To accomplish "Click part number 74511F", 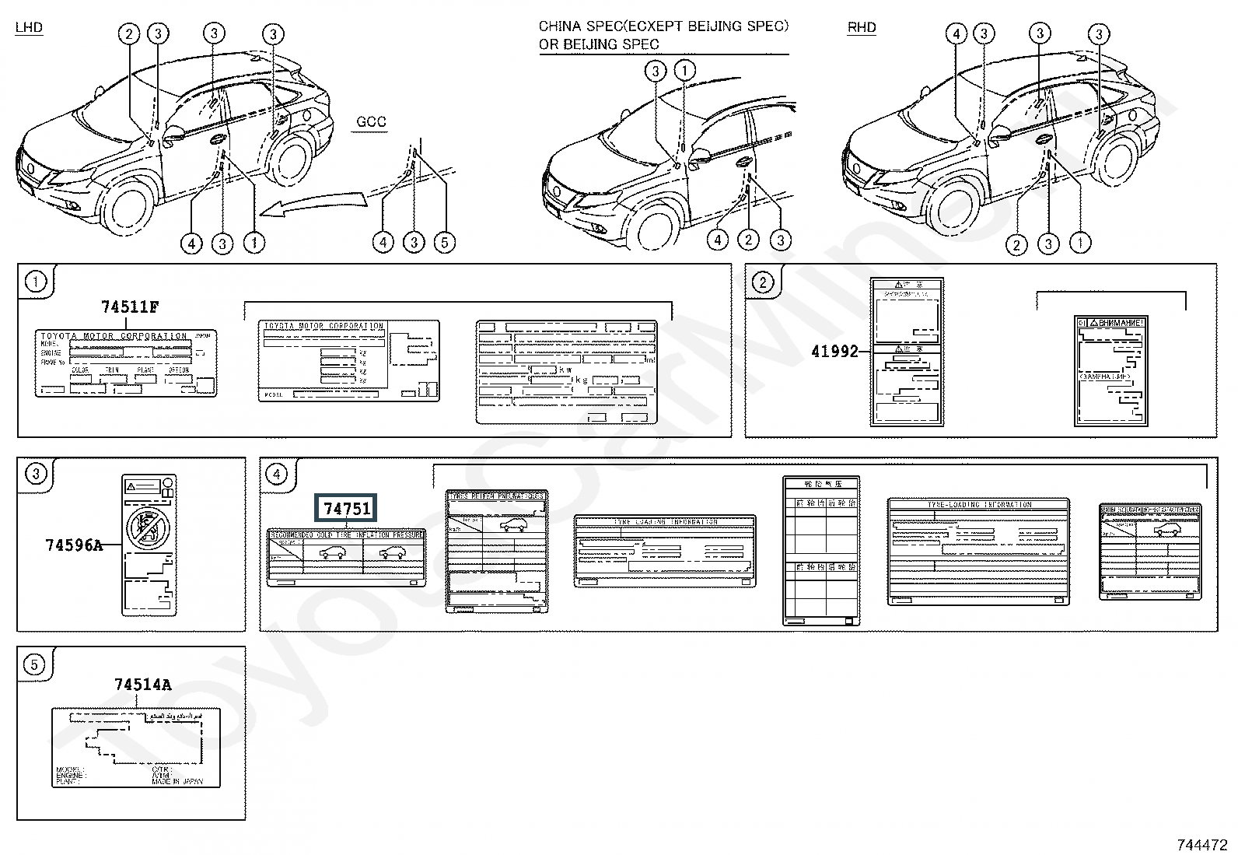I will (129, 307).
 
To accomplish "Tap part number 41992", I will (834, 352).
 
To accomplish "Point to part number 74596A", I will (73, 545).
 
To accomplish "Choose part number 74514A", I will (142, 685).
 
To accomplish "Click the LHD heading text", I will (29, 27).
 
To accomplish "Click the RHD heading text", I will (861, 27).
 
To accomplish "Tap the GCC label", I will (371, 122).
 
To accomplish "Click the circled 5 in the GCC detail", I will (444, 244).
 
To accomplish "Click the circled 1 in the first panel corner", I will (36, 282).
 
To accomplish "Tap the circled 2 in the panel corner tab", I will (763, 282).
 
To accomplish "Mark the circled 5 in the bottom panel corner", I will (36, 665).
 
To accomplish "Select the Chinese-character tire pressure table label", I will (821, 550).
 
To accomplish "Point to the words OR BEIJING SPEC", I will (598, 44).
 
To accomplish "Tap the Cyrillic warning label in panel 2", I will (1110, 370).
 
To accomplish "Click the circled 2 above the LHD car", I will (128, 33).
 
